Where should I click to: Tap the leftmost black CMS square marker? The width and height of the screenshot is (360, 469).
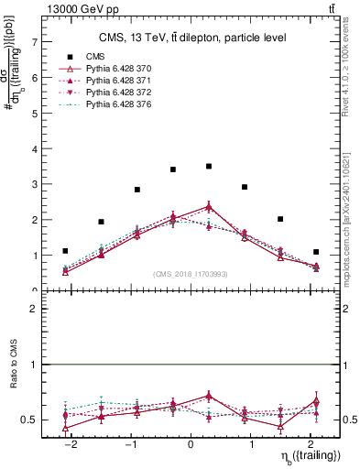[x=65, y=251]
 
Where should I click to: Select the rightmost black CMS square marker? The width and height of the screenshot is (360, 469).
[x=315, y=252]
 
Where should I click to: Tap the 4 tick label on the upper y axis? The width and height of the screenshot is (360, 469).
[x=34, y=148]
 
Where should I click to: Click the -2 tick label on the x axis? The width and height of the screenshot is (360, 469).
[x=71, y=442]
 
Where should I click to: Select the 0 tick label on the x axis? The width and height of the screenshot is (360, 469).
[x=190, y=442]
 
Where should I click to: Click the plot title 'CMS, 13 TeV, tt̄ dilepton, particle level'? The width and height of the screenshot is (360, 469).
[x=192, y=38]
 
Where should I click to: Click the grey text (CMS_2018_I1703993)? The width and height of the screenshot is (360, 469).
[x=191, y=273]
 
